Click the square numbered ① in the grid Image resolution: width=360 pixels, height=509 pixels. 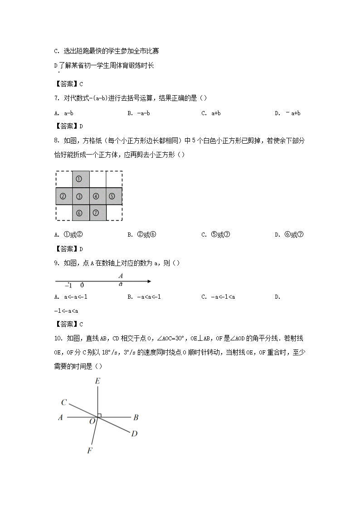(79, 179)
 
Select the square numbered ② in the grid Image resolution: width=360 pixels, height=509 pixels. (63, 196)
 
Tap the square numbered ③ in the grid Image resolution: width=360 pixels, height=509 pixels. (79, 196)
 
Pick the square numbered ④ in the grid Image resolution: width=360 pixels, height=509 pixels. (96, 196)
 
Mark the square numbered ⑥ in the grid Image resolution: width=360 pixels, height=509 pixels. (79, 213)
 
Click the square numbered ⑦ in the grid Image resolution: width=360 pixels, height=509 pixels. (96, 213)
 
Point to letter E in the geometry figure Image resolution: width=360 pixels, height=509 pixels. (97, 382)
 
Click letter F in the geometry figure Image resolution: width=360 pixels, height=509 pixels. (89, 451)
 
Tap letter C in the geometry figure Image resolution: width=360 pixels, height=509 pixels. (64, 402)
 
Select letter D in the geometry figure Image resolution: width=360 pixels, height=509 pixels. (134, 434)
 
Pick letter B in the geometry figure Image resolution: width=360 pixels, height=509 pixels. (136, 417)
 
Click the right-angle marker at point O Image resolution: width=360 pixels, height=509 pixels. (99, 415)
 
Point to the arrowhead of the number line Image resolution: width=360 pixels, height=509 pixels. (148, 282)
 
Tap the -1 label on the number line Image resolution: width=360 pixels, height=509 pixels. (68, 286)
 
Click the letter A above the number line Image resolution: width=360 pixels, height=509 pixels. (121, 276)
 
